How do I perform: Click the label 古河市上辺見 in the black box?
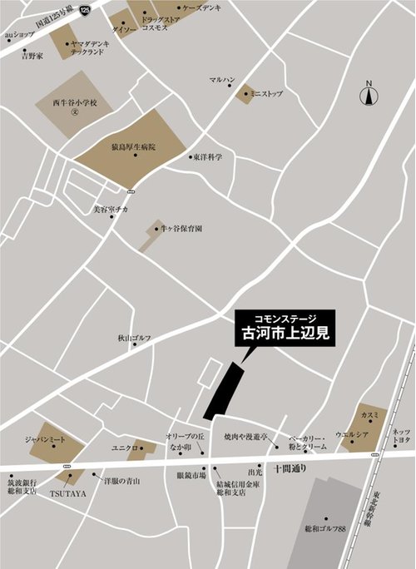pos(285,336)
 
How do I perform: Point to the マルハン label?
pos(222,80)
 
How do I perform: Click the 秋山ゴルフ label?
pos(134,339)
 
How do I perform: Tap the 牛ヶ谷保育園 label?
pos(182,227)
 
